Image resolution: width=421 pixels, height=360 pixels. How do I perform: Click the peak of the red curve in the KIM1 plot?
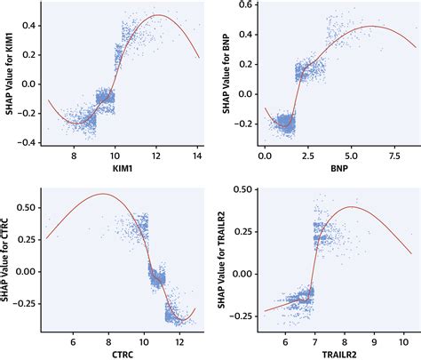(158, 15)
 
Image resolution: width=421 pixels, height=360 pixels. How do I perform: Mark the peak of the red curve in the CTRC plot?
(103, 194)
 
